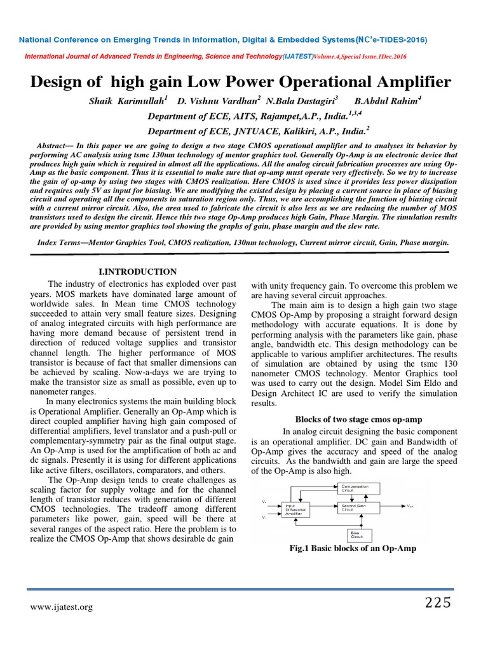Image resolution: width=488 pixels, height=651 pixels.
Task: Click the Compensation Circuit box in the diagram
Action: tap(358, 488)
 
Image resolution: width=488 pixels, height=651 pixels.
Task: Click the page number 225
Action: tap(438, 603)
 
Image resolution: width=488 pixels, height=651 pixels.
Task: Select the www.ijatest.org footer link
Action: tap(62, 607)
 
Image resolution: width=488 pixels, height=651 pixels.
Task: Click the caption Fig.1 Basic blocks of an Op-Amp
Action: tap(353, 548)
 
